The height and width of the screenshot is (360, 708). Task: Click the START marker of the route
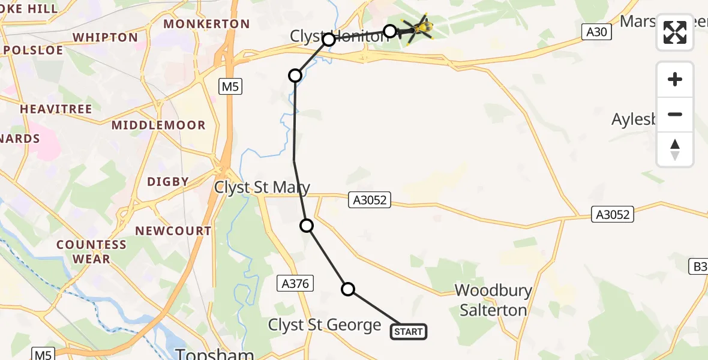409,331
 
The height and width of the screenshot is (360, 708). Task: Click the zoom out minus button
675,115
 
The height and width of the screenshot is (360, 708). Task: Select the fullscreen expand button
675,32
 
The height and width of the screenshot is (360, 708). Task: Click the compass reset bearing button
675,149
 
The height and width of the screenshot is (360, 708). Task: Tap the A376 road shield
294,283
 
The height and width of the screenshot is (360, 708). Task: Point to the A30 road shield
596,32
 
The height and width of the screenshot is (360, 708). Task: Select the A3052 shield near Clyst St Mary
370,200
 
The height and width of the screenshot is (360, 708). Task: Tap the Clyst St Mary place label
263,188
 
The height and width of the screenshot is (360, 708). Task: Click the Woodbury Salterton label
493,300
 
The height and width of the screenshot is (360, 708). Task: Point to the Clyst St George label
325,325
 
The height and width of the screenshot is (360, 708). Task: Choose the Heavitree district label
56,109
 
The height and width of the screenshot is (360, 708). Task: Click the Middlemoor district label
158,125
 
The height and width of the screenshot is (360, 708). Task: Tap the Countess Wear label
91,252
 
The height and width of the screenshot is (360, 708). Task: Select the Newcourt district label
173,231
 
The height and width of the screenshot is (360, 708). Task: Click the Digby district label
168,181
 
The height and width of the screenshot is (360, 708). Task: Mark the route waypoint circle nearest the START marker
348,289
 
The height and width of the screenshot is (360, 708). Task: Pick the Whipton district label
105,37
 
